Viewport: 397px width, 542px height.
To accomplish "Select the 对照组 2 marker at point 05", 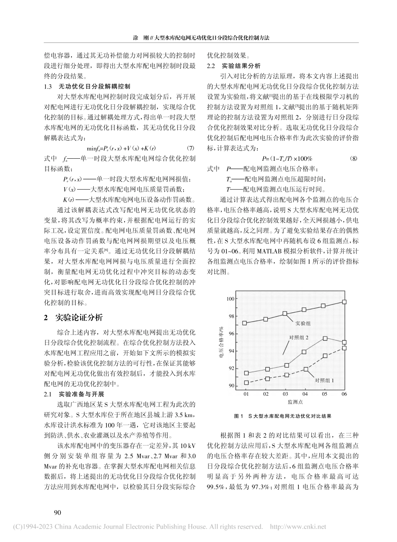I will pyautogui.click(x=325, y=338).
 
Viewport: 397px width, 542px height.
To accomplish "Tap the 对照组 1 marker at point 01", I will pyautogui.click(x=246, y=382).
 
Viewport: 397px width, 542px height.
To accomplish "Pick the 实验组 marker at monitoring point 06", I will pyautogui.click(x=344, y=301).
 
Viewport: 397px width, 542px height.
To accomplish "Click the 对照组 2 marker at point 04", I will pyautogui.click(x=305, y=352).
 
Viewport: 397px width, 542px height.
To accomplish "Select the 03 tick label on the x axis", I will pyautogui.click(x=285, y=394).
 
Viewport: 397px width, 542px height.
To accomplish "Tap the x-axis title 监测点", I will pyautogui.click(x=295, y=402).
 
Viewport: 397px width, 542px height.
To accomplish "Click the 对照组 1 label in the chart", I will pyautogui.click(x=326, y=380).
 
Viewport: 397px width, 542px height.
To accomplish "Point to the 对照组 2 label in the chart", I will pyautogui.click(x=299, y=337).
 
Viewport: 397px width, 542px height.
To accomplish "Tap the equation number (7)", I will pyautogui.click(x=190, y=148).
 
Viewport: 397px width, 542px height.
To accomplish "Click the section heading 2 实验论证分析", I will pyautogui.click(x=73, y=318).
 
